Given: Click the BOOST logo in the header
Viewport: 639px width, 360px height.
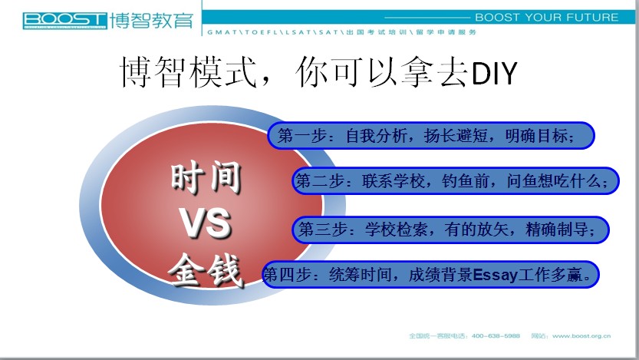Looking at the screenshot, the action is (64, 21).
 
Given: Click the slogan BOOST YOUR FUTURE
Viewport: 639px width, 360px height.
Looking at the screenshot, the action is (547, 18).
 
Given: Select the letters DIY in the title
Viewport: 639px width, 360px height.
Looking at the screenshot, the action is (494, 74).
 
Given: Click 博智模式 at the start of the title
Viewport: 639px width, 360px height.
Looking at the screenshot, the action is (189, 72).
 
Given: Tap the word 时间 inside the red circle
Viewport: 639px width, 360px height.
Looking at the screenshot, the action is (206, 177).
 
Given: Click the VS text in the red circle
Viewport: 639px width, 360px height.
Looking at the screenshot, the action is (206, 223).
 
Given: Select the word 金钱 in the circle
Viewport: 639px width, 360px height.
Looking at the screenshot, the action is (206, 269).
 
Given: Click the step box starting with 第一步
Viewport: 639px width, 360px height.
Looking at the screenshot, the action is (431, 135).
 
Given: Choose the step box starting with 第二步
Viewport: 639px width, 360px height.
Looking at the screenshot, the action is (456, 180).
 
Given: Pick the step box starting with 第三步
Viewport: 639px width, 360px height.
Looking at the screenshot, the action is (450, 230).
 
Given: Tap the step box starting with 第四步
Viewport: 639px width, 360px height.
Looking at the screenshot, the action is (430, 274).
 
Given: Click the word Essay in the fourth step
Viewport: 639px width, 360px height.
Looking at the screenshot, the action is (495, 275).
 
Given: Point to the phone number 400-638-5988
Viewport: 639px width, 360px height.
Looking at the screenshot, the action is (496, 336).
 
